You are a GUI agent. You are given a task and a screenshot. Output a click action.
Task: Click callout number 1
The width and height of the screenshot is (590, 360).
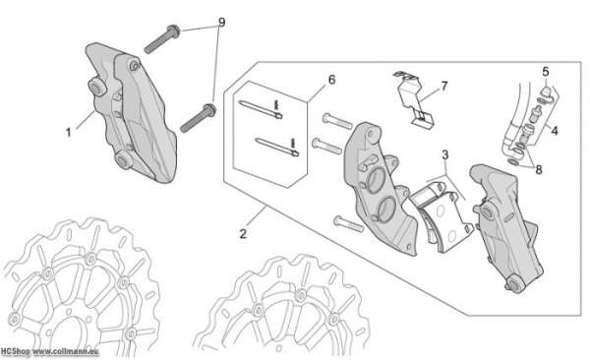point(68,133)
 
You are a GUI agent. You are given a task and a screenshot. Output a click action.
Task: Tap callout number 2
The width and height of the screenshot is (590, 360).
point(243,233)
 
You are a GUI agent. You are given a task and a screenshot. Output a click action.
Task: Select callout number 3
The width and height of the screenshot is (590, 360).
point(445,154)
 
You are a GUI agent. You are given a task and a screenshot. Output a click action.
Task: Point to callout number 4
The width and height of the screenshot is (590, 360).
point(555,131)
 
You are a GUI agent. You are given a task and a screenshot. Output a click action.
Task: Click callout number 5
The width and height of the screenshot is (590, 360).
point(546,71)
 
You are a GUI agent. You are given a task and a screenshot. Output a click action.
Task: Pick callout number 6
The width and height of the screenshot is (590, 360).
point(331,80)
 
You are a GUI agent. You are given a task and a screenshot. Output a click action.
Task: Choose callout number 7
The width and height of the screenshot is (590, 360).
point(444,87)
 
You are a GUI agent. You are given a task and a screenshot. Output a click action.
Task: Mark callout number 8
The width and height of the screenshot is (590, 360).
point(539,170)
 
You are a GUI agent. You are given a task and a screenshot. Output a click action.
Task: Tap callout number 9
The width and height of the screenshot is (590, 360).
point(221,23)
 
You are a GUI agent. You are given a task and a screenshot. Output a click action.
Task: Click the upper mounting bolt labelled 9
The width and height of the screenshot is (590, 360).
point(162,39)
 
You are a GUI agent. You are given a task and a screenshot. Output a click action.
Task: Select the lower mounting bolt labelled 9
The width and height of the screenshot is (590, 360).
point(199,118)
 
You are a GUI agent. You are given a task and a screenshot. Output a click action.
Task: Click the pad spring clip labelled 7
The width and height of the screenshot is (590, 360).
point(414,99)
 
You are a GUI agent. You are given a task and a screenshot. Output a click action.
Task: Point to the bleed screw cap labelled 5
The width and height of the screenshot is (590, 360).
point(546,90)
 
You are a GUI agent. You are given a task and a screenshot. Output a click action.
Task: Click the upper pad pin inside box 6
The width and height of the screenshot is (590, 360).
point(260,109)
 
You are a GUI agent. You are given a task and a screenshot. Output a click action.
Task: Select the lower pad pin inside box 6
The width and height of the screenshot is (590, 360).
point(276,147)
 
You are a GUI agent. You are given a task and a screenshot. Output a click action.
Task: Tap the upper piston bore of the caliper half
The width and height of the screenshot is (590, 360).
point(377,180)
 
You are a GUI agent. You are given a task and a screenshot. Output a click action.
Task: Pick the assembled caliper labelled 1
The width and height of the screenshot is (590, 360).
point(131,112)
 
